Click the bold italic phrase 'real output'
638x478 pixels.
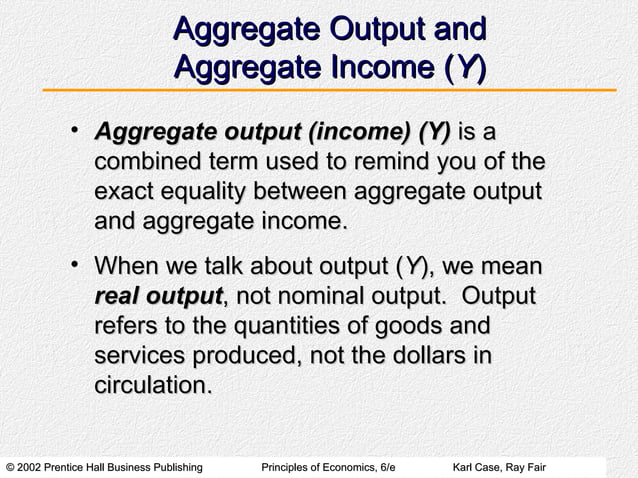tap(157, 298)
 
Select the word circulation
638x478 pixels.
tap(151, 385)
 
